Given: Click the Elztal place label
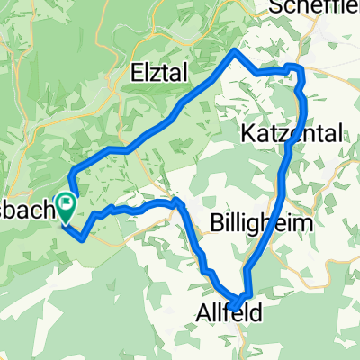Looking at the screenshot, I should click(x=166, y=69).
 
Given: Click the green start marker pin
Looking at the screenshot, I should click(x=67, y=206).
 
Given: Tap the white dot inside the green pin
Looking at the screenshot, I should click(x=67, y=202).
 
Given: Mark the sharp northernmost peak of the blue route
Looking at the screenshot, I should click(x=236, y=50).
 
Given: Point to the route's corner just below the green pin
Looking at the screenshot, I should click(x=83, y=238).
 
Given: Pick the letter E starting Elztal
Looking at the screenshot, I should click(x=137, y=69).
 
